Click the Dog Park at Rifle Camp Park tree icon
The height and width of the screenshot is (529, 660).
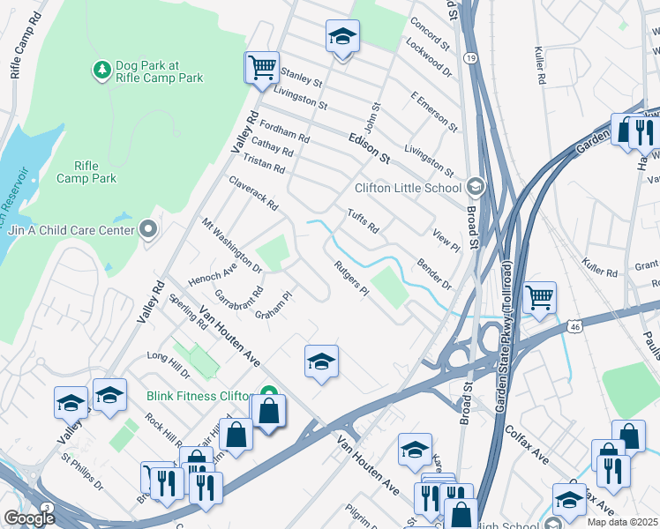click(102, 68)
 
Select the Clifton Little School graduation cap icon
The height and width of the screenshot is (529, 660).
click(476, 187)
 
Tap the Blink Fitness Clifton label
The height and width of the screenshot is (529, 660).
click(201, 395)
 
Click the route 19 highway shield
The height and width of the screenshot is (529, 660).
click(471, 58)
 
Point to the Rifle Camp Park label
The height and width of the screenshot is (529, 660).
click(86, 172)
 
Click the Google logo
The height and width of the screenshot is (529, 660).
click(29, 518)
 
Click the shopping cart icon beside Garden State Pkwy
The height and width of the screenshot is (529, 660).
click(539, 296)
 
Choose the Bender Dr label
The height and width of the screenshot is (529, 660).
click(434, 274)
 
